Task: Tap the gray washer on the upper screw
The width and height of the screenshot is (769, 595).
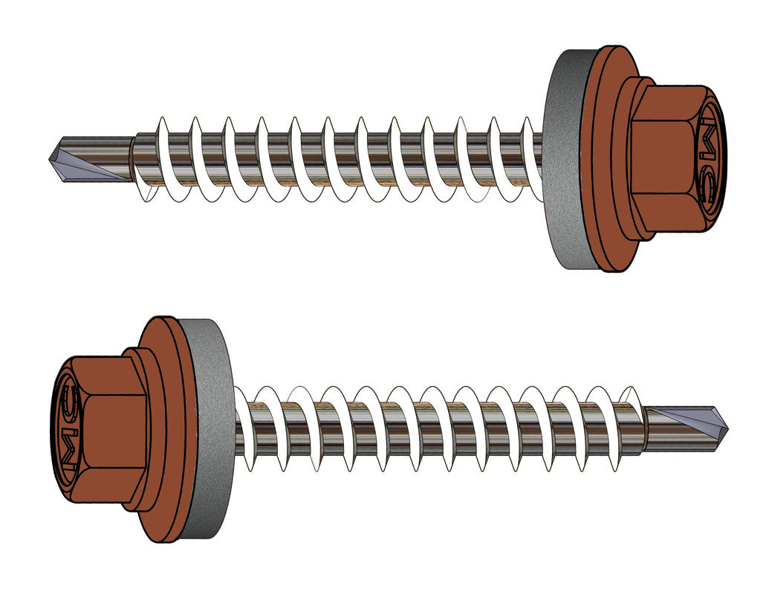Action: [565, 160]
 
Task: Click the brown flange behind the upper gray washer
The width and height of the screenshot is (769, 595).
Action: [603, 160]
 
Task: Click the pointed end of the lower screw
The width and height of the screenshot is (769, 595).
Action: [726, 425]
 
